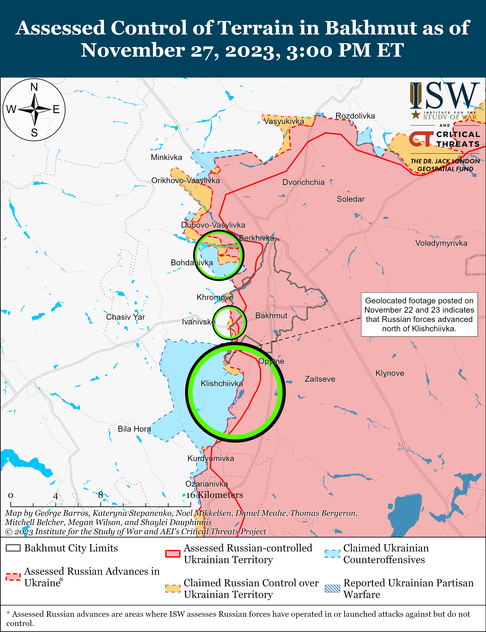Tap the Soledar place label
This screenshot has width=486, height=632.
[350, 199]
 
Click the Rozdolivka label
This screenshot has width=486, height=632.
[355, 116]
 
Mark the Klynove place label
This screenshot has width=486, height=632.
[390, 373]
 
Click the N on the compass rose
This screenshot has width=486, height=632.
[34, 87]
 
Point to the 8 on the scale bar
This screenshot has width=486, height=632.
[100, 495]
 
